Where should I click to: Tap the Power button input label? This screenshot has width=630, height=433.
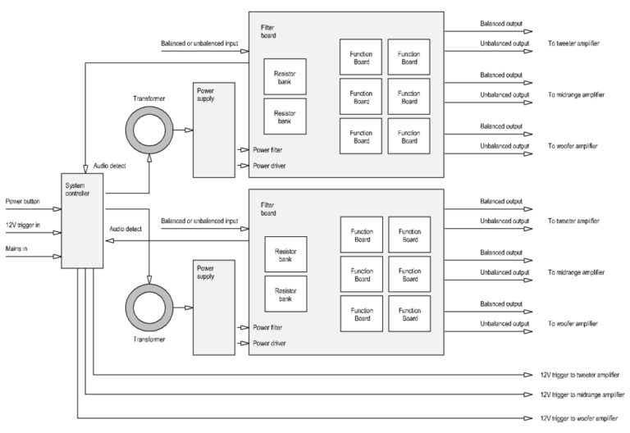pos(23,201)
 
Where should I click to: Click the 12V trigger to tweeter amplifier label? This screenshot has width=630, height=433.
pos(577,375)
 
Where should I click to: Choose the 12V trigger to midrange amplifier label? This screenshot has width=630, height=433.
pos(579,395)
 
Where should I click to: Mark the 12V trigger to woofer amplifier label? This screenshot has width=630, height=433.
pos(577,417)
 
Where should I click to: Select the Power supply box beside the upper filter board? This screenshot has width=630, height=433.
pos(213,130)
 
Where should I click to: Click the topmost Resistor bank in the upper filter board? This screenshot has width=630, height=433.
pos(284,75)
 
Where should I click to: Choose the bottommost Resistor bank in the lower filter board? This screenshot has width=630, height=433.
pos(284,294)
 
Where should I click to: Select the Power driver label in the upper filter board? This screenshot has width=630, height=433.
pos(272,166)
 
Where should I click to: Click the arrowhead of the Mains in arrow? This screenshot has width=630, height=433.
pos(59,255)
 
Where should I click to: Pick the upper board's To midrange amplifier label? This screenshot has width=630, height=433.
pos(577,94)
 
